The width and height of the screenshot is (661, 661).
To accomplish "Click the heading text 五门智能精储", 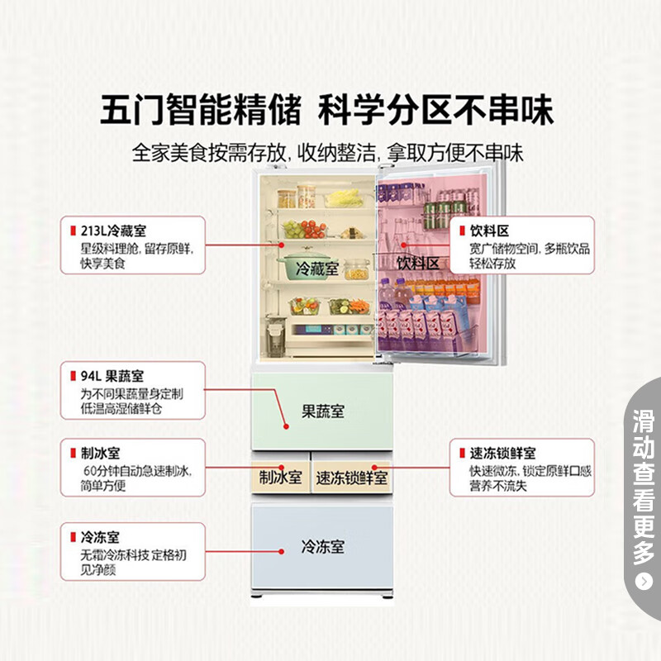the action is [x=201, y=110].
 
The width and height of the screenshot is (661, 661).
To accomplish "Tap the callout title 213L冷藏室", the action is [x=113, y=231].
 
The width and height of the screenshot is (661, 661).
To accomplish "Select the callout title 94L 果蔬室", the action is [x=112, y=376].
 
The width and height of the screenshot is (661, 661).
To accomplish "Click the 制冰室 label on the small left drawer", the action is [x=280, y=478].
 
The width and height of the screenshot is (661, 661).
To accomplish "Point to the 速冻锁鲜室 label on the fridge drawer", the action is [x=352, y=478].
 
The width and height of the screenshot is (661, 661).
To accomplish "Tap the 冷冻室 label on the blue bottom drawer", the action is [x=323, y=546].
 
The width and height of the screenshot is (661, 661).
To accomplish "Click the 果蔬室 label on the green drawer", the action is [x=323, y=411].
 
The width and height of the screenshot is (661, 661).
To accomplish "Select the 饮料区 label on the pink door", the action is [x=418, y=263].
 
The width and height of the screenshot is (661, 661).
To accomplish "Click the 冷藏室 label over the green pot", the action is [x=317, y=268].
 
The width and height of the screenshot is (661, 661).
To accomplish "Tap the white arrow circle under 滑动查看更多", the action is [x=644, y=582].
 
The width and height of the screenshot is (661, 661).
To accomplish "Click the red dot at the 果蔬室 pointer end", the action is [x=286, y=426].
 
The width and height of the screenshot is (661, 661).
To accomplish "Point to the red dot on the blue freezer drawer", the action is [x=281, y=551].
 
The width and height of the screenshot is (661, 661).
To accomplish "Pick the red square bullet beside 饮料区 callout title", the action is [x=463, y=231].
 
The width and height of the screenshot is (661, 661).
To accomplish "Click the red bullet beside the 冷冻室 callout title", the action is [x=73, y=537].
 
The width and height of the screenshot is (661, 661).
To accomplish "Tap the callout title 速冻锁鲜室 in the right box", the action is [x=502, y=453].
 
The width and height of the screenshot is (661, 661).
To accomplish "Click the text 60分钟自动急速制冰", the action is [x=137, y=471].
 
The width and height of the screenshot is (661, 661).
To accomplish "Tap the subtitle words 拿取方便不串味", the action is [x=455, y=153].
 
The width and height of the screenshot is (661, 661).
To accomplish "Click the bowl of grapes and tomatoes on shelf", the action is [x=304, y=229].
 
